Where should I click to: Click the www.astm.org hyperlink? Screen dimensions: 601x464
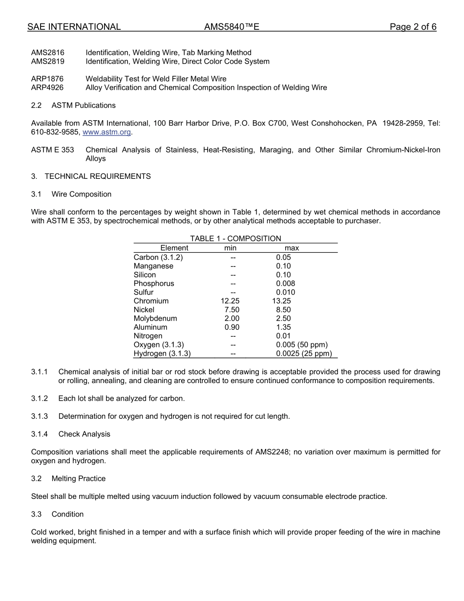click(x=107, y=132)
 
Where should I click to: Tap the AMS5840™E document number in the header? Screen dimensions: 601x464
click(x=232, y=27)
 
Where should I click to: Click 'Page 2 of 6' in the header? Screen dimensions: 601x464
click(x=413, y=27)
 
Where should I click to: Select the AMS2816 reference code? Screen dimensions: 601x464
click(x=47, y=53)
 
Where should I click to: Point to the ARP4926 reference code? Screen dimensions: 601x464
click(x=47, y=88)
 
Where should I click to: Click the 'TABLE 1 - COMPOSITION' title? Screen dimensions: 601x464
click(x=235, y=238)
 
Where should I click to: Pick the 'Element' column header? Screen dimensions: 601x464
click(x=174, y=248)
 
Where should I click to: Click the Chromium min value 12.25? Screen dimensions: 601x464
click(x=230, y=301)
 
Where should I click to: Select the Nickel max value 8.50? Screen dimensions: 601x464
click(x=283, y=310)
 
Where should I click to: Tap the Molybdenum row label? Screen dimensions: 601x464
click(x=155, y=319)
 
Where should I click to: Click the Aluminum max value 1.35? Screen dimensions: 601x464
click(x=283, y=327)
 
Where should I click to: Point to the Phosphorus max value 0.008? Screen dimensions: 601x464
click(x=285, y=283)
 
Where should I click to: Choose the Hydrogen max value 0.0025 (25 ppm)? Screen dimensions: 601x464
click(x=303, y=354)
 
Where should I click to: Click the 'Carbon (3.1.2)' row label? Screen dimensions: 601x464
click(x=158, y=258)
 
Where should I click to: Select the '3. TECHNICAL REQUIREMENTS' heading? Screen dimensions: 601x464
click(x=91, y=176)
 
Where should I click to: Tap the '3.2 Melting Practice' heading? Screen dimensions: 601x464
click(x=68, y=478)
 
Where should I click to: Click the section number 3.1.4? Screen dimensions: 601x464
click(x=40, y=434)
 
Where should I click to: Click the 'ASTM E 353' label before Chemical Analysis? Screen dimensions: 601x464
click(x=52, y=150)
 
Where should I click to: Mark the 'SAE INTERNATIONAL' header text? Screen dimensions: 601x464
click(x=74, y=27)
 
